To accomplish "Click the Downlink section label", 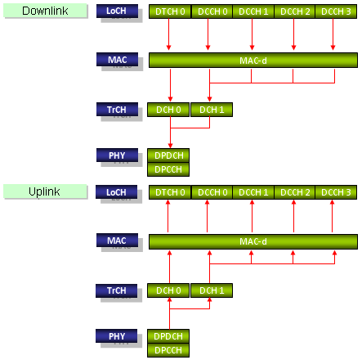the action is tap(45, 11).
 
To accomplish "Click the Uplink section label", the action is tap(45, 191).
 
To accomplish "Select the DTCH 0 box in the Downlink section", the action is tap(170, 11).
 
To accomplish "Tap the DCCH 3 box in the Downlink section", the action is tap(336, 11).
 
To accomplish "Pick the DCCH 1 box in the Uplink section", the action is tap(253, 192).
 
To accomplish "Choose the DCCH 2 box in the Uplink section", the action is tap(295, 192).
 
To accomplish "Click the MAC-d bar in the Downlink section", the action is tap(253, 61).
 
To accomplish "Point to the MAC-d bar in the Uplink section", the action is tap(253, 241).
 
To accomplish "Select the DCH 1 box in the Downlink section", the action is tap(212, 110).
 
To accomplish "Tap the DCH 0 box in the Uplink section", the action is tap(168, 290).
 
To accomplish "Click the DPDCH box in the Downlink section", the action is tap(168, 155).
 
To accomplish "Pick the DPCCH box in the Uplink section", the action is tap(168, 350).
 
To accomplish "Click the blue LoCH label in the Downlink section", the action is tap(117, 11).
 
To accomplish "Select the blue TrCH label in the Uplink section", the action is tap(117, 290).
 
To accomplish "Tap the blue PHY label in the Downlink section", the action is tap(117, 155).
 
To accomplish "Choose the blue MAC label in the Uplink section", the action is tap(117, 241).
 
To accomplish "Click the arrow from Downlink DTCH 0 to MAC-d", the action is tap(168, 34).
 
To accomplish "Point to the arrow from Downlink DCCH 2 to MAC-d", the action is tap(293, 34).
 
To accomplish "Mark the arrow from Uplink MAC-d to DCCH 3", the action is tap(333, 216).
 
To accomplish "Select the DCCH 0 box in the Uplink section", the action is tap(212, 192).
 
